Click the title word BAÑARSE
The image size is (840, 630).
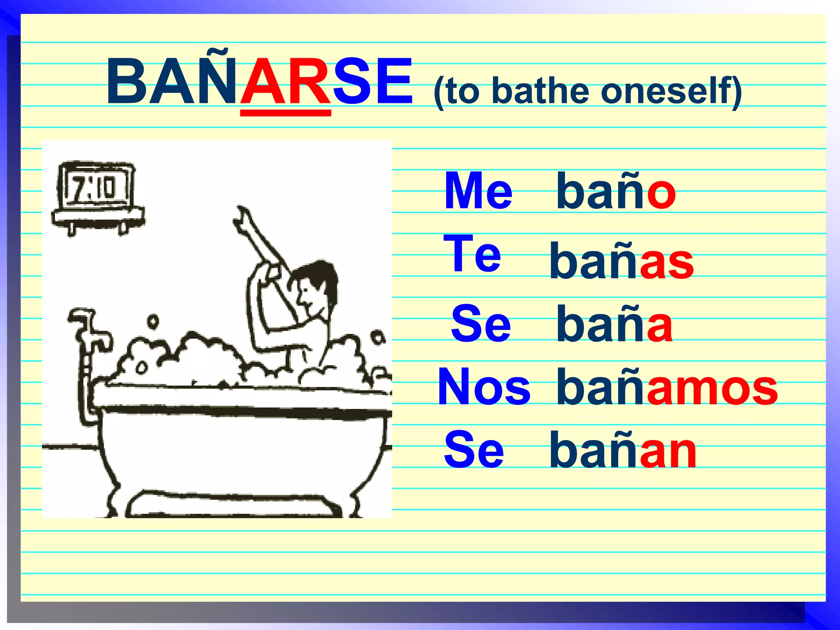[x=259, y=82]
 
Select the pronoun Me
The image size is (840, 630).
[x=478, y=191]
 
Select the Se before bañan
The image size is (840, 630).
[x=474, y=450]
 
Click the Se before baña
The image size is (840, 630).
[x=481, y=324]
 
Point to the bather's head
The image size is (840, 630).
[x=316, y=283]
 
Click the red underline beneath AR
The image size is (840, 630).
[x=285, y=113]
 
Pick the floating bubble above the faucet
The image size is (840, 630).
[x=153, y=321]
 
